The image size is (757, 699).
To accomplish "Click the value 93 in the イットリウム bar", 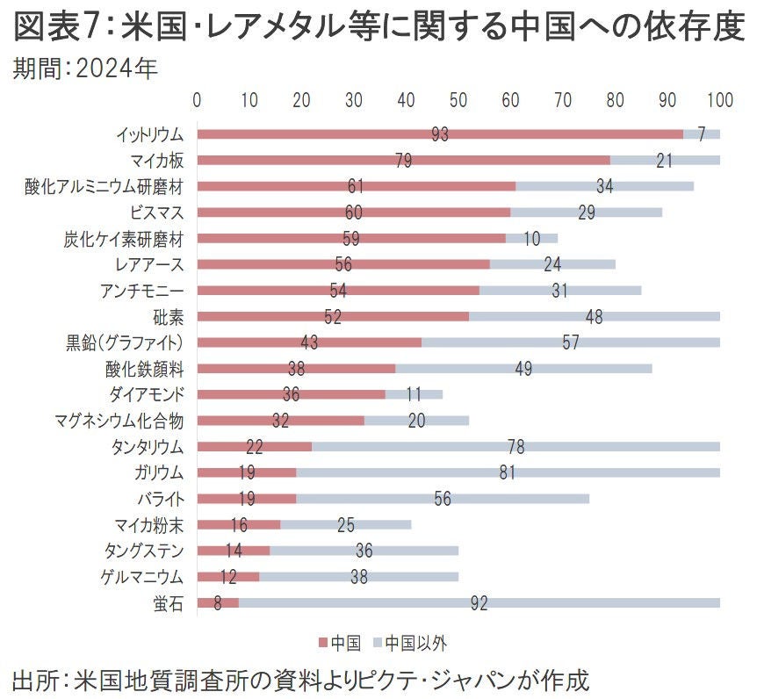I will (440, 134).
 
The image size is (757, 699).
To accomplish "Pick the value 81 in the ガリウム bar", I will (507, 472).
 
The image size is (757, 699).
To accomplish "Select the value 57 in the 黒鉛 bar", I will (570, 342).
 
